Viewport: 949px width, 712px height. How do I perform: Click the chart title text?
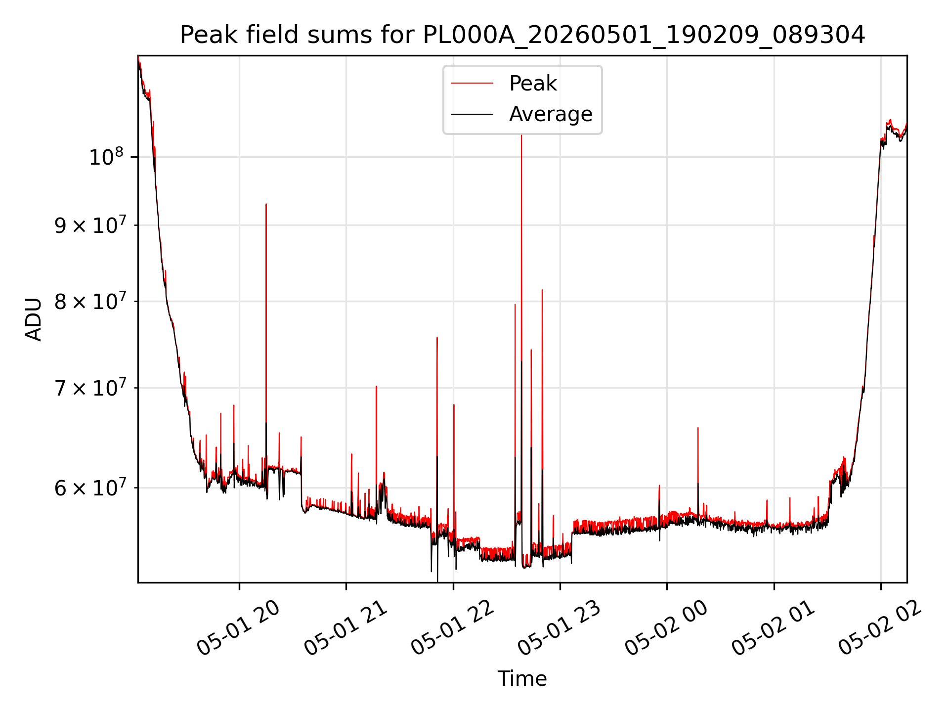click(522, 35)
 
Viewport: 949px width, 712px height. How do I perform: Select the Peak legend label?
click(533, 84)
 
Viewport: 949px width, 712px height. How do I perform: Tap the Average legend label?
click(551, 114)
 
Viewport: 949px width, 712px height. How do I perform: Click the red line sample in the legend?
click(472, 84)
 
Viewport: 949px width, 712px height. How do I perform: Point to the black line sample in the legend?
click(472, 114)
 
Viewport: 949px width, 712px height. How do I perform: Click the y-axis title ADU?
click(34, 319)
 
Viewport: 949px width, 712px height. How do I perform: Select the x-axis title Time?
click(522, 679)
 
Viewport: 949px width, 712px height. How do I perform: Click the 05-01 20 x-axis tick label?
click(239, 628)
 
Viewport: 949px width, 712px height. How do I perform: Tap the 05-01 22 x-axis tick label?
click(453, 628)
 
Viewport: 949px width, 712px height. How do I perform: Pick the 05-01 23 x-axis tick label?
click(560, 628)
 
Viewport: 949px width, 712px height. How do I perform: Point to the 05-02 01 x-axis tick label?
click(774, 628)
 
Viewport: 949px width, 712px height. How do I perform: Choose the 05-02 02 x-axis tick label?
click(880, 628)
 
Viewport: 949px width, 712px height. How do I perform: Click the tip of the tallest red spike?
click(521, 135)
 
